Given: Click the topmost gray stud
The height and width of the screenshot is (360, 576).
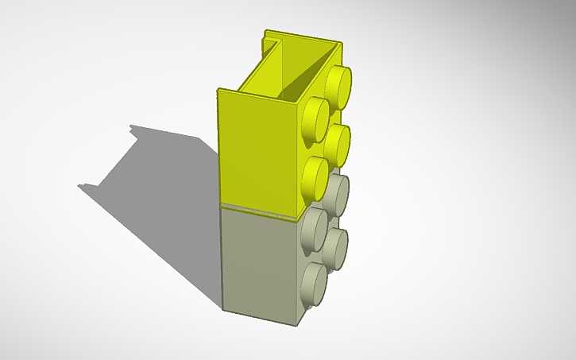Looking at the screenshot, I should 338,195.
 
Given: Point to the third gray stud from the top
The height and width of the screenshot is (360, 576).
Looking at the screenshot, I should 338,249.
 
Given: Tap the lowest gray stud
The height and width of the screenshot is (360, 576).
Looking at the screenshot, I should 315,285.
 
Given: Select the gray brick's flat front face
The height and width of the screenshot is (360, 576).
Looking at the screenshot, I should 258,262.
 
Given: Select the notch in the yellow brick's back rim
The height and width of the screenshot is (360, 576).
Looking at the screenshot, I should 270,40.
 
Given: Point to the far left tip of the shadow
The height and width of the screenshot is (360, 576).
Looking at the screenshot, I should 79,186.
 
